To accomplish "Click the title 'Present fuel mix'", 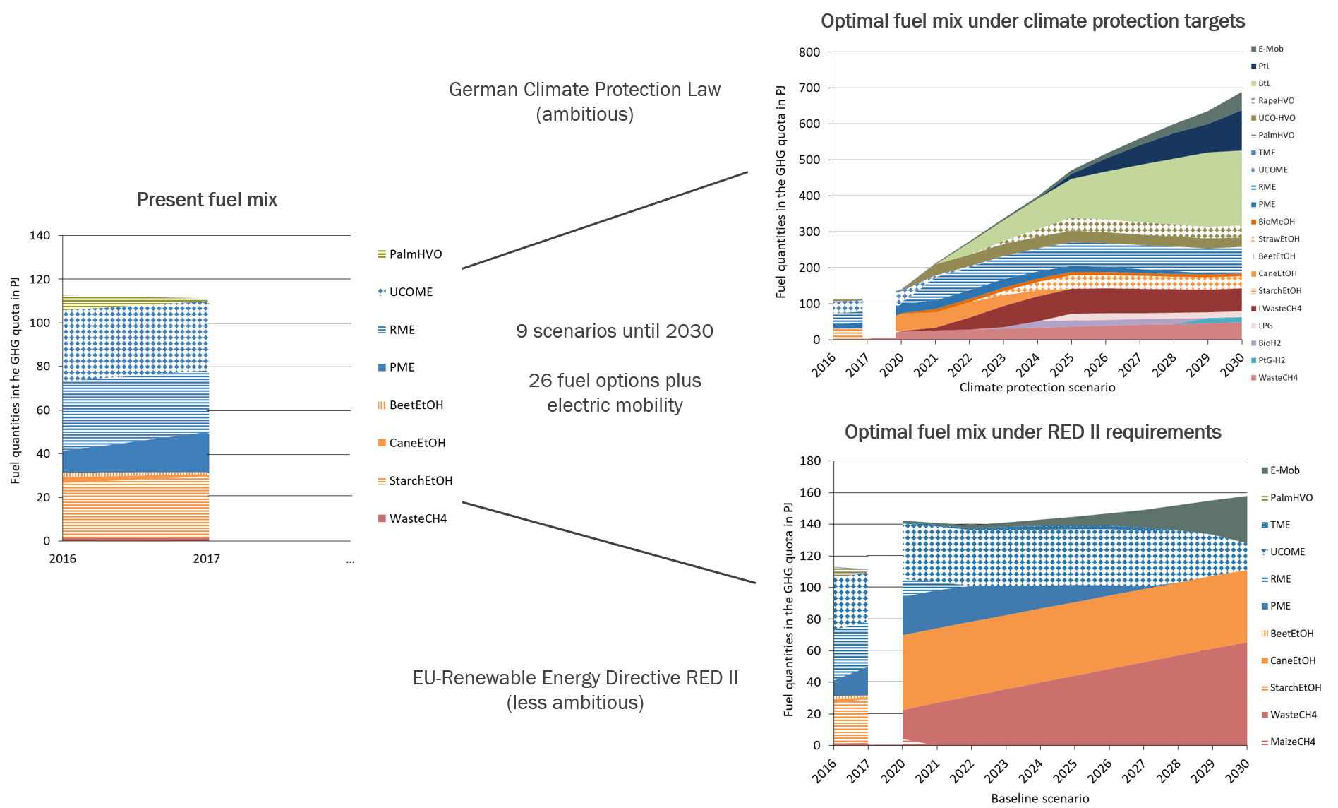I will (x=207, y=200).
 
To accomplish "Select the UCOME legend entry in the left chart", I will (x=410, y=292).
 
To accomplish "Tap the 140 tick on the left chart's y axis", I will (x=40, y=235).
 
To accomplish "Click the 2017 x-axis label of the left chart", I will (x=206, y=559).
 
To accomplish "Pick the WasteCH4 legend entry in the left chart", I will (x=417, y=518).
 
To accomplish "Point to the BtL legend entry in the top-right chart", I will (x=1264, y=83).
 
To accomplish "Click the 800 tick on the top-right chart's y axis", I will (x=809, y=52).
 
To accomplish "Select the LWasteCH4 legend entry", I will (x=1279, y=309).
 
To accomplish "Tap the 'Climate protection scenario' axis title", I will (x=1037, y=387).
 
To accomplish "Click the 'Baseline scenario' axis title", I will (x=1039, y=798).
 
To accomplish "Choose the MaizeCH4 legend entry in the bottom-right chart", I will (x=1292, y=742).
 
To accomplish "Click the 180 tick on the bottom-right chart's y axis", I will (x=810, y=461).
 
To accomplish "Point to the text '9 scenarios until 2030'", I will (x=614, y=331).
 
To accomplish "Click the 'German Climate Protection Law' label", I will (x=584, y=90).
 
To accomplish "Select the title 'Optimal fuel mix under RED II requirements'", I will (x=1032, y=432).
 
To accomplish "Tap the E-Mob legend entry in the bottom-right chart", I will (x=1284, y=470).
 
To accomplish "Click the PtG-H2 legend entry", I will (x=1271, y=360).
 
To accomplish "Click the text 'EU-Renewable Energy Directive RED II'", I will (x=574, y=678).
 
